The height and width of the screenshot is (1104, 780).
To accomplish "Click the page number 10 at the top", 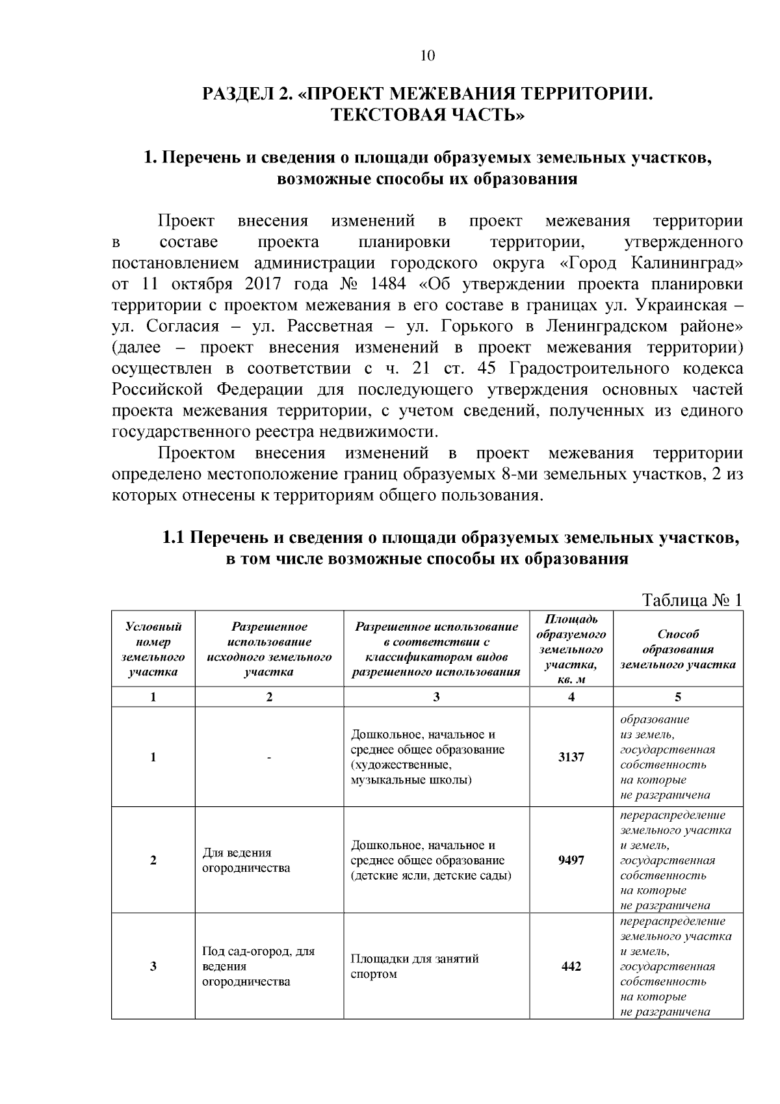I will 427,55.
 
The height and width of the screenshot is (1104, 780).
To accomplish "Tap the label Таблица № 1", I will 692,599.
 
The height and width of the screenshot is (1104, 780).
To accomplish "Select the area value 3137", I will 571,757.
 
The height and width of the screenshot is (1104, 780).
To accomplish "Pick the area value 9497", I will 571,860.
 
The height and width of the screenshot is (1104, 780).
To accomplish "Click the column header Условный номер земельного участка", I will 153,649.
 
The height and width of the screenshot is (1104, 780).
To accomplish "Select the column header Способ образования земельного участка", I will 678,649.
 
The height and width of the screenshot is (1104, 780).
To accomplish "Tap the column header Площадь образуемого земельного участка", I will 571,649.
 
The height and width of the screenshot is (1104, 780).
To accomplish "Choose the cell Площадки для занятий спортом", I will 414,966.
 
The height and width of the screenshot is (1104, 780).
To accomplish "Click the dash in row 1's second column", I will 268,757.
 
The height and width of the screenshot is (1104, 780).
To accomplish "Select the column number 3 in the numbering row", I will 436,697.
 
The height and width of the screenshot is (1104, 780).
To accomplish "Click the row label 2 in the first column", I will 153,860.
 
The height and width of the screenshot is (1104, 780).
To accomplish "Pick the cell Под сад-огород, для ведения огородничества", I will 258,966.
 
